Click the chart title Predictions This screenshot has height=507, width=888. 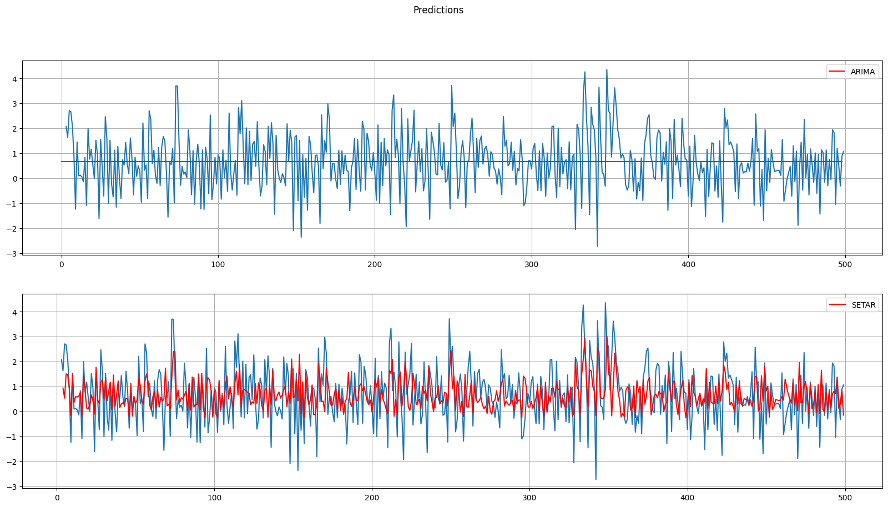click(438, 10)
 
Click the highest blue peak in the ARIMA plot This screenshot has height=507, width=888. click(607, 69)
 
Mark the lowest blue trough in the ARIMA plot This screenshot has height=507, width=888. click(597, 246)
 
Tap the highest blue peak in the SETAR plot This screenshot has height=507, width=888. click(605, 303)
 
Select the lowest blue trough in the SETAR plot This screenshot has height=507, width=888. click(596, 479)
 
